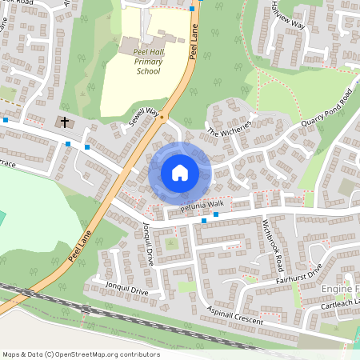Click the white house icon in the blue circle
point(180,172)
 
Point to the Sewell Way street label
point(144,119)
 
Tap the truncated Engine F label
point(339,287)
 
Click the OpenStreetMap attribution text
point(81,354)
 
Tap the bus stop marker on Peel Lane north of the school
point(193,9)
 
